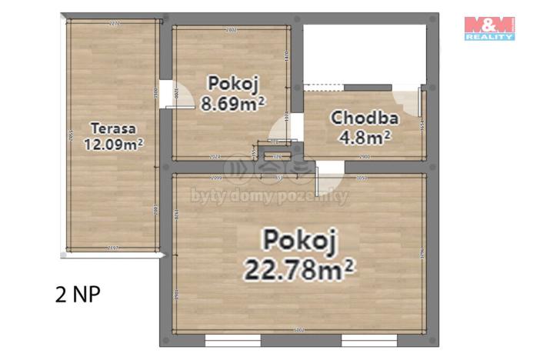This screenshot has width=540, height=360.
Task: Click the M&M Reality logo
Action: tap(489, 27)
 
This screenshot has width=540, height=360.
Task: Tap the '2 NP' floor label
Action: tap(78, 294)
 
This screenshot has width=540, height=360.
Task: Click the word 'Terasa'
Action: tap(112, 128)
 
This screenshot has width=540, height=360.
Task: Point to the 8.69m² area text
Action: tap(232, 102)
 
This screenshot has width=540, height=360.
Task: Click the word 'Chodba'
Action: tap(364, 118)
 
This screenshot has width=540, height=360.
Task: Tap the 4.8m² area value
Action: tap(365, 137)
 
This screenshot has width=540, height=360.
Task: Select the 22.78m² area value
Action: tap(298, 269)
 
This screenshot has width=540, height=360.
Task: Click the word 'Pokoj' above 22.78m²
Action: tap(300, 241)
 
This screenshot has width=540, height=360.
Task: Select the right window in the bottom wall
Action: tap(368, 338)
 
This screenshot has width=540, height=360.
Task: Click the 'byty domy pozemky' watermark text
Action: tap(270, 197)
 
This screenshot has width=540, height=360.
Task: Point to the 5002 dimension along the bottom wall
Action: tap(299, 331)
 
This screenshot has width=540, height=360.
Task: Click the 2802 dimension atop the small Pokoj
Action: tap(231, 30)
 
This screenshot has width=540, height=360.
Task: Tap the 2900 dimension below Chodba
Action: tap(365, 156)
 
